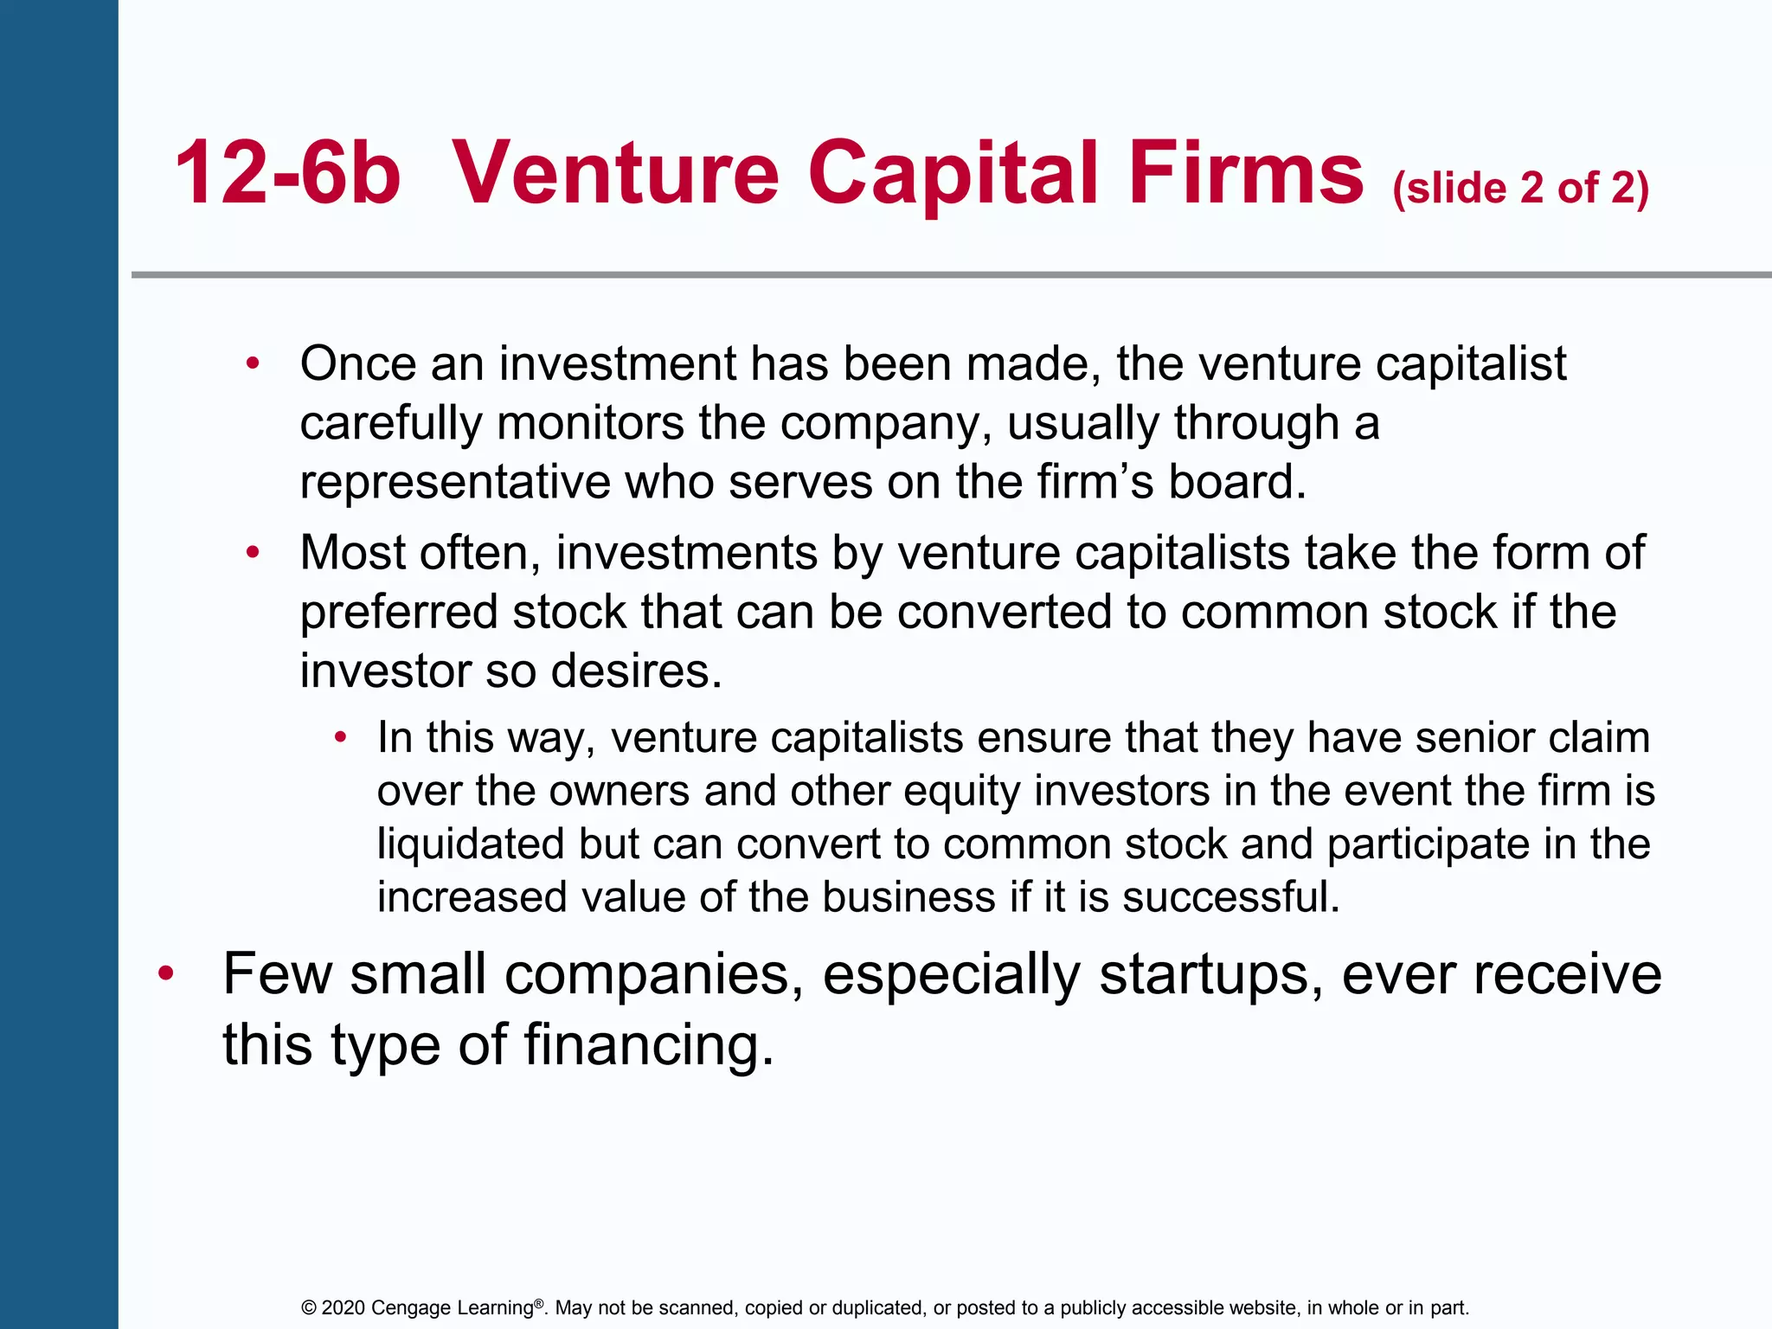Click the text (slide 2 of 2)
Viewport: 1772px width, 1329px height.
[1521, 188]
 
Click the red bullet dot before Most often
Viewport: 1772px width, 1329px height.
[253, 552]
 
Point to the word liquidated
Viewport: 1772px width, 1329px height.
[471, 844]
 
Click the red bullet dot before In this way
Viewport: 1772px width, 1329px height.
[341, 737]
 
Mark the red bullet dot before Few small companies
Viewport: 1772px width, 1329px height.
[166, 974]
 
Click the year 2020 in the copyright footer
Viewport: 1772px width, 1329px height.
[343, 1307]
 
